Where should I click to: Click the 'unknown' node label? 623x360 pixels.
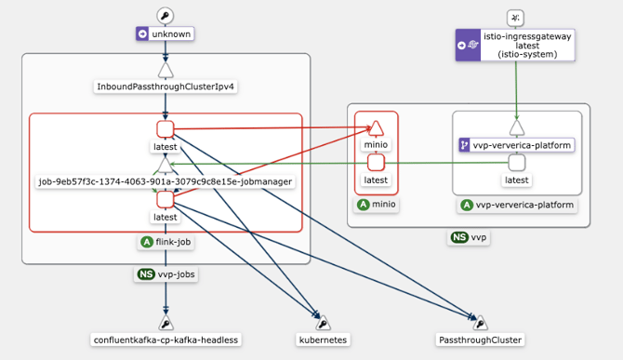pos(165,34)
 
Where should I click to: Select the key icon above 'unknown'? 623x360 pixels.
pos(165,15)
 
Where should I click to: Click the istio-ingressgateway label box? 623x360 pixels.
pos(515,44)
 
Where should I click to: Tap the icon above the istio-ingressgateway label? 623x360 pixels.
pos(516,17)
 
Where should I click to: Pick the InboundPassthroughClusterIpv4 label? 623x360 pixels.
pos(166,87)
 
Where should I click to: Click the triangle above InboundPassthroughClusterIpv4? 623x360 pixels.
pos(166,69)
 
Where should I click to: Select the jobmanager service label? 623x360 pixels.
pos(166,181)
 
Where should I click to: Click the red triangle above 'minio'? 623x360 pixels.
pos(376,127)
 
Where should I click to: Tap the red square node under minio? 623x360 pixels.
pos(376,163)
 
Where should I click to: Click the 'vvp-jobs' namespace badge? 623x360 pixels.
pos(165,274)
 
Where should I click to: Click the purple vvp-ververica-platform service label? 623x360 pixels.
pos(516,145)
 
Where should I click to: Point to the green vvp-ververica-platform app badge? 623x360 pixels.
pos(516,205)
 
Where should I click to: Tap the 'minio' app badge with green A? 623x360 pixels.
pos(376,205)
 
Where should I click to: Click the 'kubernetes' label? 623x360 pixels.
pos(323,340)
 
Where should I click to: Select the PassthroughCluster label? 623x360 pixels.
pos(479,340)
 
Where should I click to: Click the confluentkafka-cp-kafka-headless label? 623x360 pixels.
pos(166,340)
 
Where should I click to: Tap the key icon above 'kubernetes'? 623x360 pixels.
pos(323,322)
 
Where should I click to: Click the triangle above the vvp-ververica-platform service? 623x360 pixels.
pos(516,127)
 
